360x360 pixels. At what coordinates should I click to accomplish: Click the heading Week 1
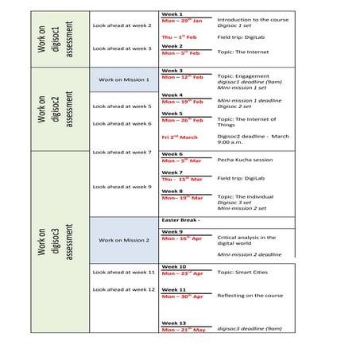(172, 14)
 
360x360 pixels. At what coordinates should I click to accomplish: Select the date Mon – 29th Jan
(182, 21)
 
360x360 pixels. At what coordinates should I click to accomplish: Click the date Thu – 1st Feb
(179, 37)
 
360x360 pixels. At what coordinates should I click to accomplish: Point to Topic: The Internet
(242, 52)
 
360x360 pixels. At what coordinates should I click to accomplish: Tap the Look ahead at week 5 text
(122, 106)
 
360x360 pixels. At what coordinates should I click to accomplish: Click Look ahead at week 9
(122, 187)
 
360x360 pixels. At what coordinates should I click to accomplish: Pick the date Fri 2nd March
(180, 137)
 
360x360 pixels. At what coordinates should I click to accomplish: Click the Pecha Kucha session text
(245, 159)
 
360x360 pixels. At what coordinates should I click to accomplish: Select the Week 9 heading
(172, 232)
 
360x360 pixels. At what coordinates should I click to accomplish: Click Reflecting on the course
(250, 296)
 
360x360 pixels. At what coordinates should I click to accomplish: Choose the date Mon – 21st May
(183, 329)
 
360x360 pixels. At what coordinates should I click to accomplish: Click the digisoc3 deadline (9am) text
(250, 328)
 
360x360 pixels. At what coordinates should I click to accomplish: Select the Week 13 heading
(173, 323)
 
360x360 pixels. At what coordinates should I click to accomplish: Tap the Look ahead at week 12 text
(123, 289)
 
